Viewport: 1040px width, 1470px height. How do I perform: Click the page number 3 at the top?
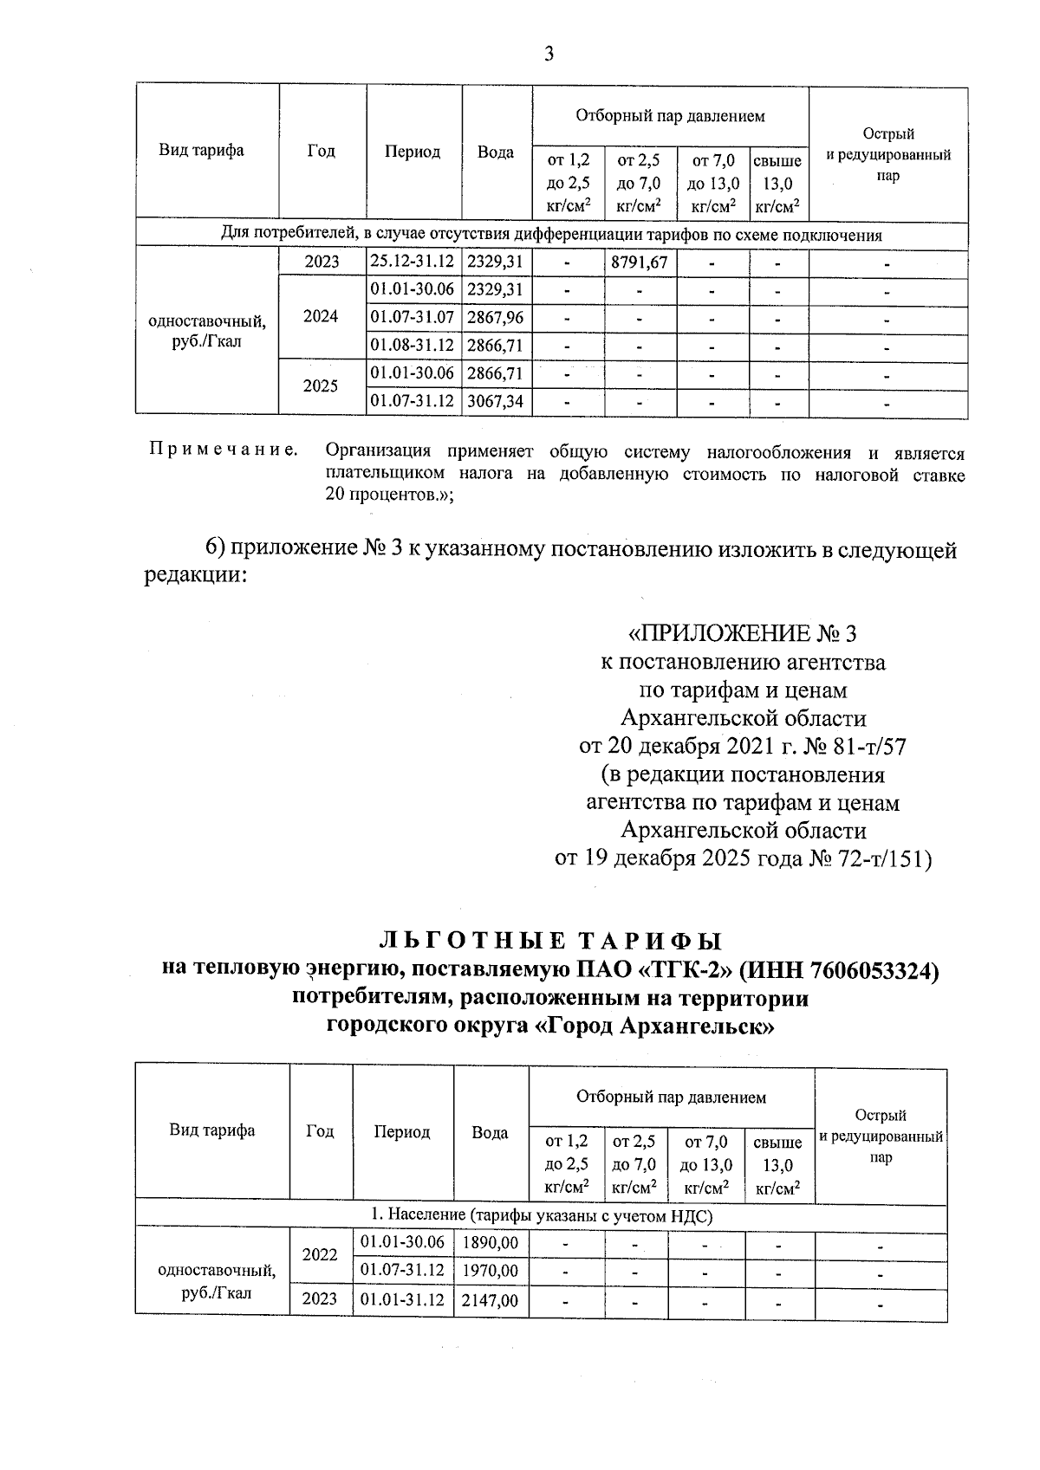[x=549, y=55]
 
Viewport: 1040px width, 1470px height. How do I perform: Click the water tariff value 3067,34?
[x=495, y=401]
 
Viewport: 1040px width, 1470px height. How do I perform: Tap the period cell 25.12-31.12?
[x=412, y=262]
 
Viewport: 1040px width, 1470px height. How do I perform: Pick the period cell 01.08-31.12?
[x=412, y=346]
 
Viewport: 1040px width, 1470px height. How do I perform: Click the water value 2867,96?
[x=495, y=318]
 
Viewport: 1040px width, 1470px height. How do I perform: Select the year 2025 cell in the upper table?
[x=321, y=386]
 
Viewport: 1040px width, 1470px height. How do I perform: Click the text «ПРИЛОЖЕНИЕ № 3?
[x=743, y=634]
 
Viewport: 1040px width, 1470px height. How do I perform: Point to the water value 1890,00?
[x=491, y=1244]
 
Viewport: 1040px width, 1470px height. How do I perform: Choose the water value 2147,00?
[x=491, y=1300]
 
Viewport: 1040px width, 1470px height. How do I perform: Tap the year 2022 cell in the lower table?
[x=321, y=1254]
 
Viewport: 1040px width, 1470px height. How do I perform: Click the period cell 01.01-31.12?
[x=402, y=1300]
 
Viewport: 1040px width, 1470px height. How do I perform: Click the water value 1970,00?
[x=491, y=1271]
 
